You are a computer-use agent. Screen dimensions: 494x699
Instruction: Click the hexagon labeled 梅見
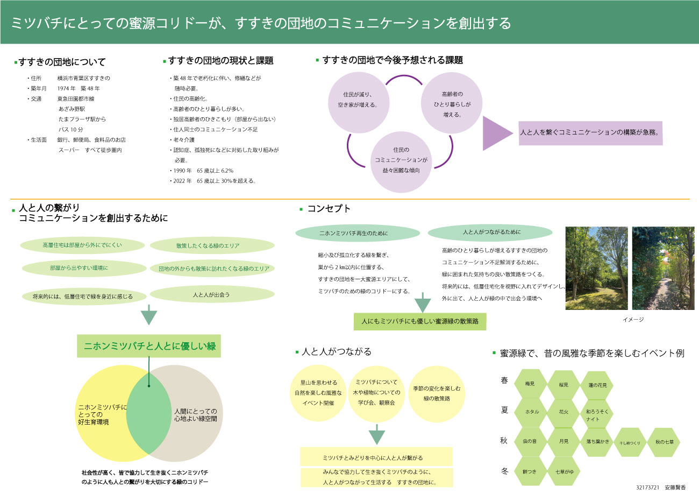(530, 384)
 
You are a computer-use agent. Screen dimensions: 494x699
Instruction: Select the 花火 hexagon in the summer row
(564, 412)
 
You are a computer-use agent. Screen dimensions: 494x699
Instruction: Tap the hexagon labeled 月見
(564, 441)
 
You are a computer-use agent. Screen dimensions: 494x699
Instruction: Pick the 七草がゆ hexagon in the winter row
(564, 471)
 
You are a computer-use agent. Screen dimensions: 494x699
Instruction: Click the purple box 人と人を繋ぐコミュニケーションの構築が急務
(590, 132)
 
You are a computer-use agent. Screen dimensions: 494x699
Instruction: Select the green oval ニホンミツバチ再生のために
(358, 234)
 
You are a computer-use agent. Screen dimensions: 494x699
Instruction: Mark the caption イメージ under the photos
(633, 319)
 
